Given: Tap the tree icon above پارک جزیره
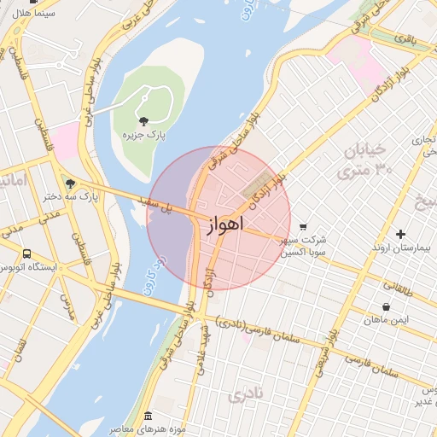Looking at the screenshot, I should pyautogui.click(x=143, y=120).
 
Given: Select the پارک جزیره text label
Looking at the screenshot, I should pyautogui.click(x=143, y=135).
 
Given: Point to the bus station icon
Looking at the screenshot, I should pyautogui.click(x=27, y=253).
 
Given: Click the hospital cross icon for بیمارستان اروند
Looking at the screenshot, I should pyautogui.click(x=400, y=234).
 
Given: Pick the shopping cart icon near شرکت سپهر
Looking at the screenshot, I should pyautogui.click(x=303, y=226).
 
